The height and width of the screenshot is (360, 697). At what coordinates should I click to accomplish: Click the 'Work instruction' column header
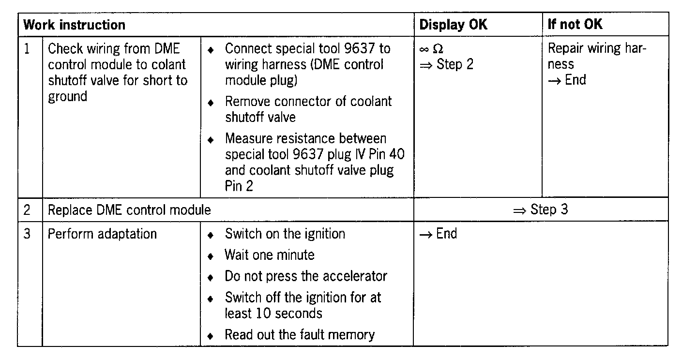[x=74, y=25]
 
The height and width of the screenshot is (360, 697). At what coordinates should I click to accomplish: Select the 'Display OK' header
[x=453, y=25]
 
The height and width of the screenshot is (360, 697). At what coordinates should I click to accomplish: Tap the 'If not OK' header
[x=575, y=25]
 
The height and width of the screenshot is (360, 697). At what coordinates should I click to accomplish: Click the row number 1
[x=27, y=49]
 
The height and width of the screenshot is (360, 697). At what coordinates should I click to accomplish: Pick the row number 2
[x=27, y=210]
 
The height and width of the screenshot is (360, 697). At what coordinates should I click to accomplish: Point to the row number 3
[x=27, y=234]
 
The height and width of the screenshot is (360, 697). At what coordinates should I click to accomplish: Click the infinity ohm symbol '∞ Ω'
[x=432, y=49]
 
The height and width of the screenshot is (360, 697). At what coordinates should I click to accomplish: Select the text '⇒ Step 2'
[x=446, y=64]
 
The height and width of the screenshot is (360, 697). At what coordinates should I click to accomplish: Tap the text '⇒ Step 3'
[x=540, y=210]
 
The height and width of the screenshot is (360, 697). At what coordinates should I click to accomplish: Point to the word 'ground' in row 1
[x=67, y=97]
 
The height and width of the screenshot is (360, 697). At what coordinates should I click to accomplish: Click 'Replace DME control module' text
[x=129, y=210]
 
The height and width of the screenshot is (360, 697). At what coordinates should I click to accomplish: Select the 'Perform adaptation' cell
[x=102, y=234]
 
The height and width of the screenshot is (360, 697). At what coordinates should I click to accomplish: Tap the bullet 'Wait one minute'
[x=269, y=255]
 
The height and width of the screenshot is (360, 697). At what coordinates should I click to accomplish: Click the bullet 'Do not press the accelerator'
[x=306, y=276]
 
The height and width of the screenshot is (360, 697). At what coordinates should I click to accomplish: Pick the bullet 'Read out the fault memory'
[x=299, y=334]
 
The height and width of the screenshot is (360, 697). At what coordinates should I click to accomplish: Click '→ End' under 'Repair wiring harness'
[x=567, y=80]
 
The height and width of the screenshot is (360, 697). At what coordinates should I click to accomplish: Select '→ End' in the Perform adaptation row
[x=438, y=234]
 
